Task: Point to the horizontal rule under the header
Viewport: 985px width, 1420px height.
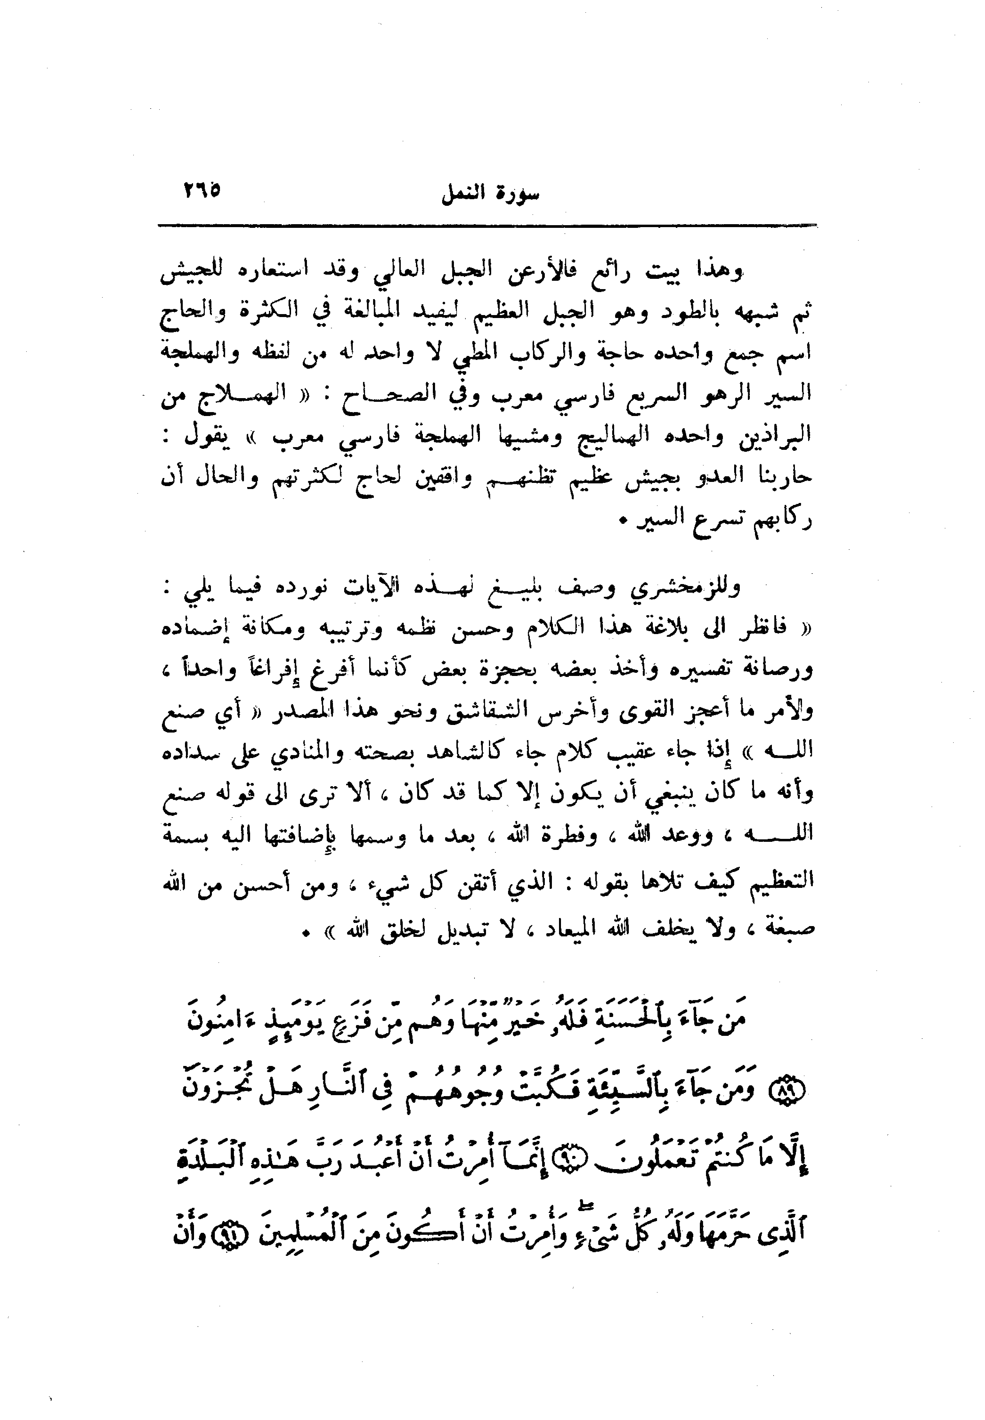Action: pyautogui.click(x=487, y=226)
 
